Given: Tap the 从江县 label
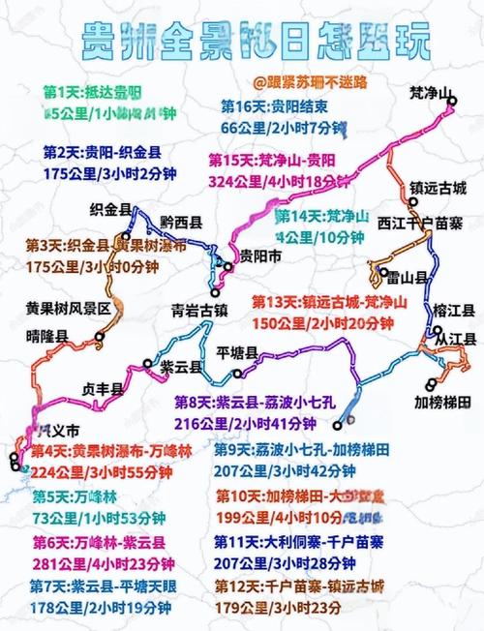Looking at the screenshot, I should pos(453,340).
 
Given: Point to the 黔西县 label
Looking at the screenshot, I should pos(181,222).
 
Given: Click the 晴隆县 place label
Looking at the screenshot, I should pos(46,336).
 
